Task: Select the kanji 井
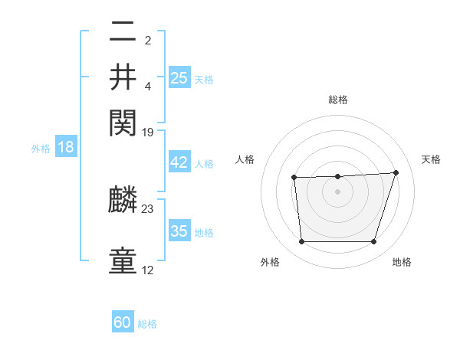tap(123, 78)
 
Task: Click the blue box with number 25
tap(179, 77)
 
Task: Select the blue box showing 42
tap(179, 163)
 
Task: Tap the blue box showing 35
tap(179, 231)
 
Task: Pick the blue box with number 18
tap(66, 147)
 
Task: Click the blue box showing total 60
tap(123, 322)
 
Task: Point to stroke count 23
tap(148, 208)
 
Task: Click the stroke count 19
tap(148, 133)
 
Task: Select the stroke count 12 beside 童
tap(148, 270)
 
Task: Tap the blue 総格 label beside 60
tap(148, 324)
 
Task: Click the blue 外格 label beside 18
tap(41, 149)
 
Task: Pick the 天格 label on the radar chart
tap(431, 159)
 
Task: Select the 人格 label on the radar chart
tap(245, 159)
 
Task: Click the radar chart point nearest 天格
tap(396, 172)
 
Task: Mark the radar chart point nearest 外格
tap(301, 242)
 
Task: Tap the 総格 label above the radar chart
tap(338, 100)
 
